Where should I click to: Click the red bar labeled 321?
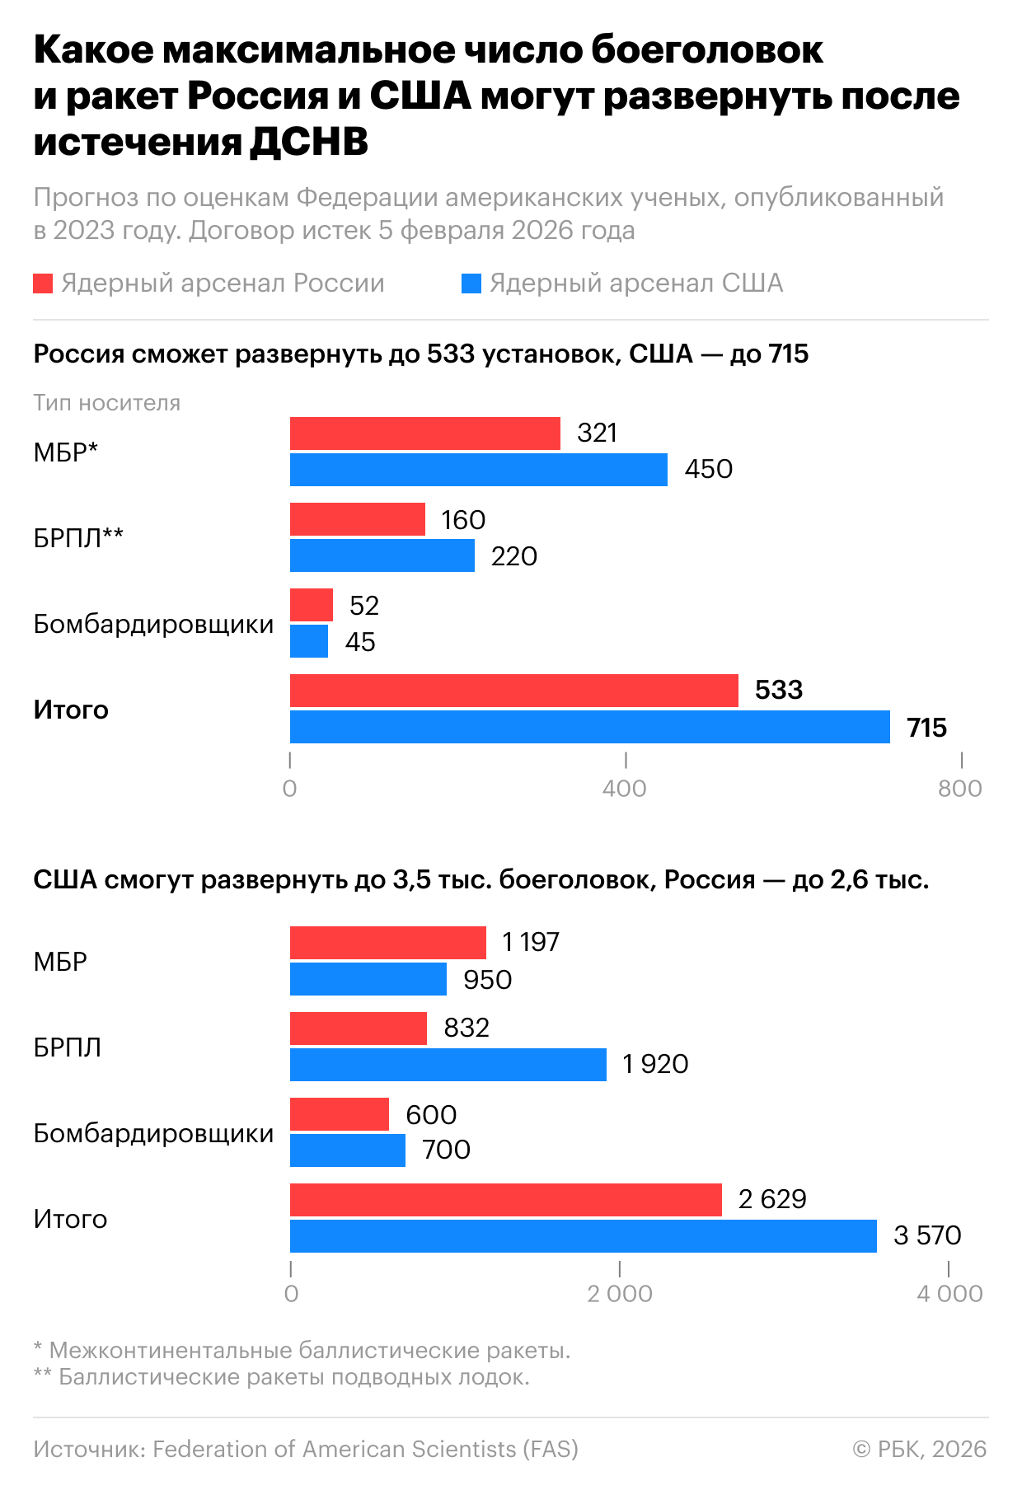click(x=424, y=433)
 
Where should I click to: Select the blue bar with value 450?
click(x=478, y=470)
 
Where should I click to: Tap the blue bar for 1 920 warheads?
click(x=448, y=1064)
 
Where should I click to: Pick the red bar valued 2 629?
click(x=505, y=1199)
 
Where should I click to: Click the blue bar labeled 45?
click(x=308, y=641)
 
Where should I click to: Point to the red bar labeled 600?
click(x=339, y=1114)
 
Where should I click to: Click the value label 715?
click(x=926, y=728)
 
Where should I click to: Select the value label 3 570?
click(x=927, y=1235)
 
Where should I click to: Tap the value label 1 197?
click(x=531, y=942)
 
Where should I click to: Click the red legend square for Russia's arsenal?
click(x=43, y=283)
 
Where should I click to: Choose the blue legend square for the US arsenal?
click(x=471, y=283)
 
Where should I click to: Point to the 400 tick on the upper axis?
click(x=624, y=789)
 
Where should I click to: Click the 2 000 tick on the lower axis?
click(x=620, y=1293)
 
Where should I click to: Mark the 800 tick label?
click(x=960, y=789)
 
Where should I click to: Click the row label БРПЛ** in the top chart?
click(x=78, y=537)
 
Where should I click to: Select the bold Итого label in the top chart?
click(x=71, y=710)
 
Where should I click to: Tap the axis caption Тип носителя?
click(x=106, y=402)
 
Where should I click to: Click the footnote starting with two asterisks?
click(x=281, y=1376)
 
